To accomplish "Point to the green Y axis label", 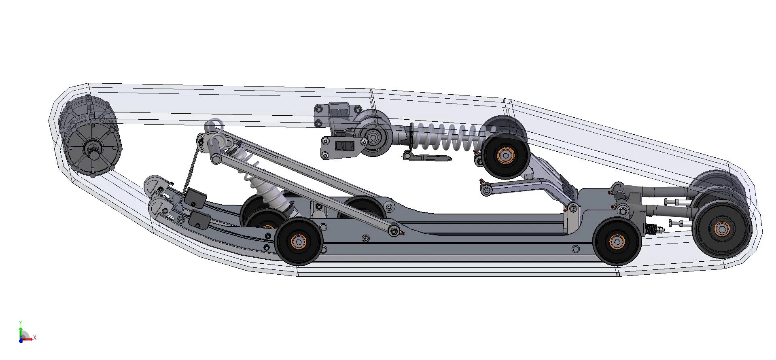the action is pyautogui.click(x=20, y=323).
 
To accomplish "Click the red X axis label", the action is pyautogui.click(x=35, y=337).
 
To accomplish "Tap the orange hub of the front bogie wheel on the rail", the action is pyautogui.click(x=299, y=241).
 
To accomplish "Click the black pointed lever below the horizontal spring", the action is pyautogui.click(x=427, y=157).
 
